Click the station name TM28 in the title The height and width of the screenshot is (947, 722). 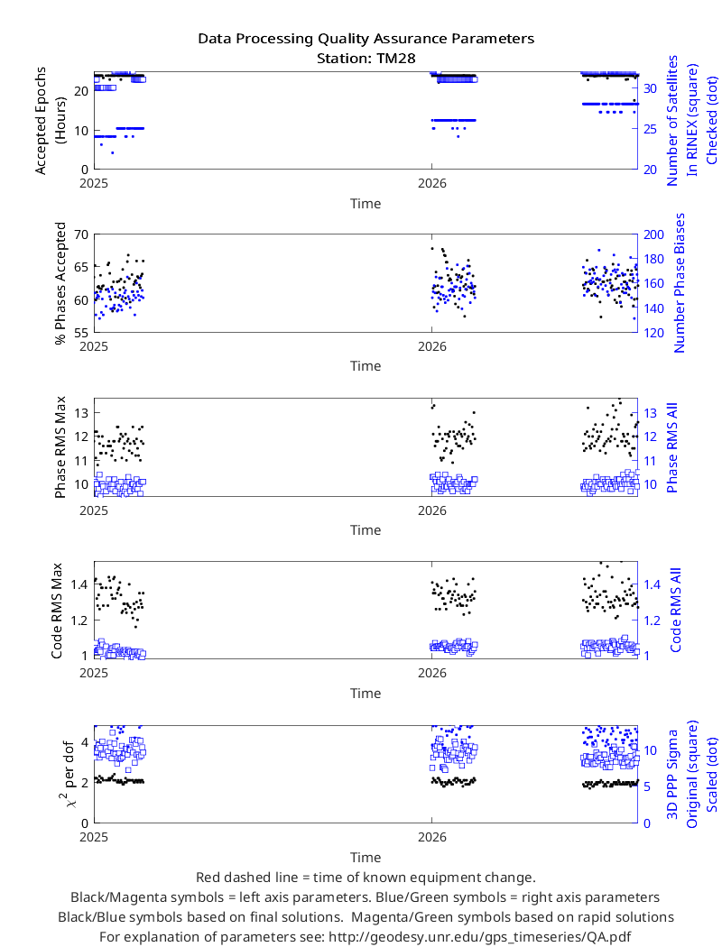(x=395, y=59)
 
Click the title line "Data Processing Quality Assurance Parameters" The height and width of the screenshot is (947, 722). (x=366, y=39)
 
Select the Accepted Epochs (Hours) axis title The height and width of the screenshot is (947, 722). (x=50, y=121)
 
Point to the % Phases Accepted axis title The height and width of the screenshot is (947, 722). (x=60, y=283)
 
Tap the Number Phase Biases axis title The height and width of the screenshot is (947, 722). (x=680, y=282)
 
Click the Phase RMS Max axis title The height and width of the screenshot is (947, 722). (x=60, y=447)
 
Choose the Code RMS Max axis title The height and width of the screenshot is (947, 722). (x=57, y=611)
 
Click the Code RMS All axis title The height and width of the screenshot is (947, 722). (x=675, y=610)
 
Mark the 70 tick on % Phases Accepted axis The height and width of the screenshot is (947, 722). (x=81, y=234)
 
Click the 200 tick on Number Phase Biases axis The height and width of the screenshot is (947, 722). (x=653, y=234)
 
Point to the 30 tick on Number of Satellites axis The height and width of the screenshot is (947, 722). (x=650, y=88)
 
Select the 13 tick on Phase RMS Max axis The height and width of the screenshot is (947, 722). (x=81, y=413)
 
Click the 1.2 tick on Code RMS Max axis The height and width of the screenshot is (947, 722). (x=79, y=621)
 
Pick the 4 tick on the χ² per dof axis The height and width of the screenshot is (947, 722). (x=85, y=741)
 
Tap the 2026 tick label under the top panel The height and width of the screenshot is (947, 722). (x=432, y=184)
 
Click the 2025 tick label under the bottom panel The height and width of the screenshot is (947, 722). (x=94, y=837)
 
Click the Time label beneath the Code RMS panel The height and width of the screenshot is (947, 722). (x=366, y=694)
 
